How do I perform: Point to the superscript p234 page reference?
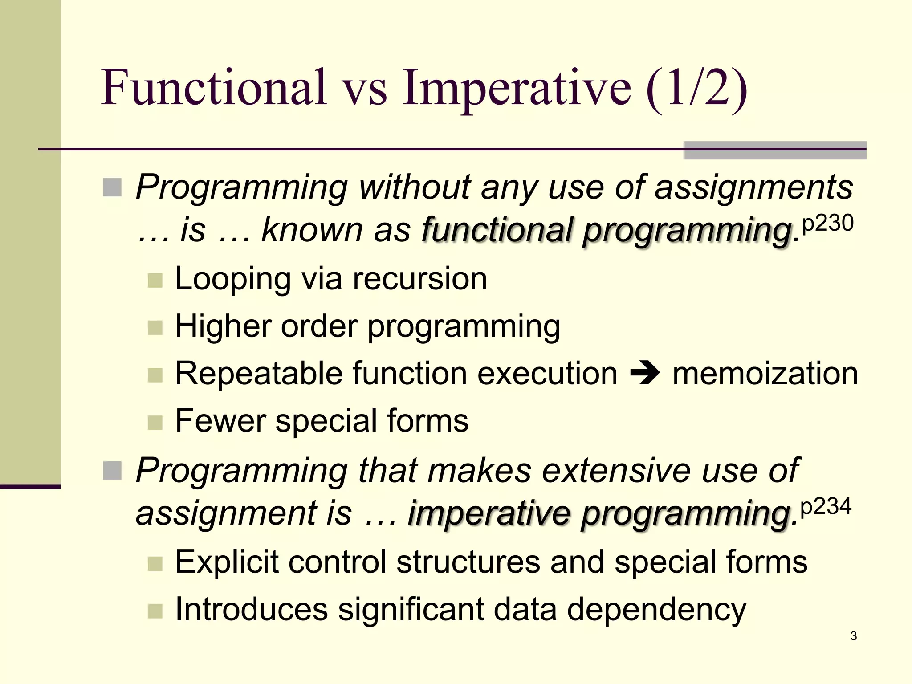pyautogui.click(x=826, y=507)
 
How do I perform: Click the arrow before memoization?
pyautogui.click(x=645, y=373)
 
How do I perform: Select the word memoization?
pyautogui.click(x=765, y=373)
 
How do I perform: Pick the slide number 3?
pyautogui.click(x=853, y=636)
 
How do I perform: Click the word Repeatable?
pyautogui.click(x=259, y=373)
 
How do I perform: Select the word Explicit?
pyautogui.click(x=226, y=562)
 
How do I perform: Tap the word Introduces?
pyautogui.click(x=251, y=609)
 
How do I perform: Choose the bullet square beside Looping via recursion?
pyautogui.click(x=155, y=281)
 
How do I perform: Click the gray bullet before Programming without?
pyautogui.click(x=112, y=187)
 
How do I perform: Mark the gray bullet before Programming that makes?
pyautogui.click(x=112, y=471)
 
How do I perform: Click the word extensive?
pyautogui.click(x=616, y=471)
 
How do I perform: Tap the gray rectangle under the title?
pyautogui.click(x=775, y=151)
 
